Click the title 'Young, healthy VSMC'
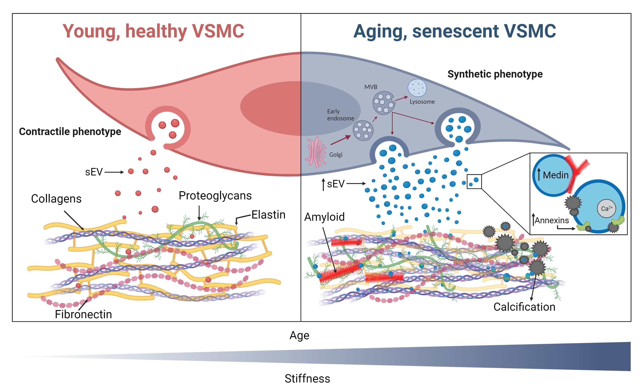click(153, 31)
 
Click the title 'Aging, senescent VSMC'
click(455, 31)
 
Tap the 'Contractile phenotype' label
click(70, 131)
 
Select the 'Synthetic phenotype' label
click(495, 74)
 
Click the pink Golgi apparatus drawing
click(315, 152)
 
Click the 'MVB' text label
click(371, 87)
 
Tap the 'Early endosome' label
click(340, 115)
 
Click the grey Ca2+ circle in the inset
click(606, 208)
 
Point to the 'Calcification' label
click(524, 307)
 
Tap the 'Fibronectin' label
click(83, 314)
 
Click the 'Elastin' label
click(268, 215)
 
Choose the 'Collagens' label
click(56, 199)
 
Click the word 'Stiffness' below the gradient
click(307, 379)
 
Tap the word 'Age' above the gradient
click(299, 335)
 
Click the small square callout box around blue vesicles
click(474, 182)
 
